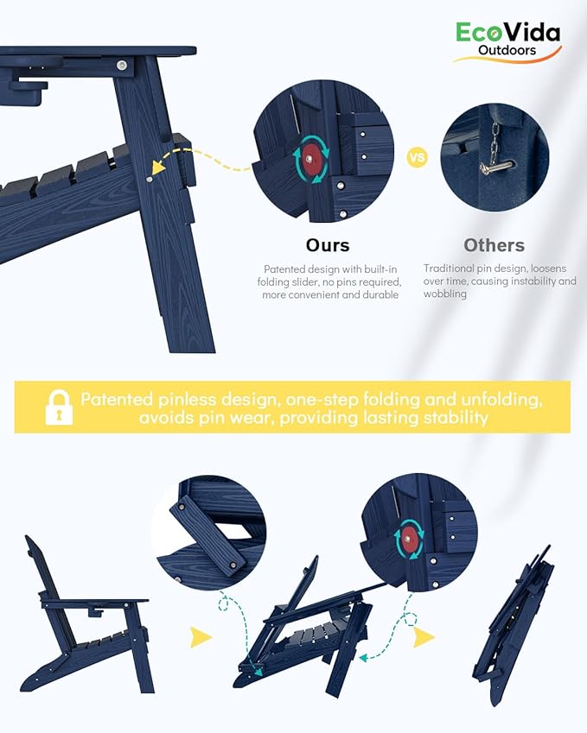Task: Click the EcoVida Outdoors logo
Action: pos(507,41)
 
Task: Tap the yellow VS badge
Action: pos(417,157)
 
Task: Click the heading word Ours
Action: pos(328,245)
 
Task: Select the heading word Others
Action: pos(494,245)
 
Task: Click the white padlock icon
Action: pos(59,408)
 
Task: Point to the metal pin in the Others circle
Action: pos(496,165)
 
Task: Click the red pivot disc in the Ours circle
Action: pos(309,160)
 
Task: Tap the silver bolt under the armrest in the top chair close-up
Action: pos(122,65)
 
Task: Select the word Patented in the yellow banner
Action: pos(117,399)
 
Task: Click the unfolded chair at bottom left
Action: pos(86,617)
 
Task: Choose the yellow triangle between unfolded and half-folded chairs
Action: pos(201,637)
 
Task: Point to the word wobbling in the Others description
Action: pos(445,294)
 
